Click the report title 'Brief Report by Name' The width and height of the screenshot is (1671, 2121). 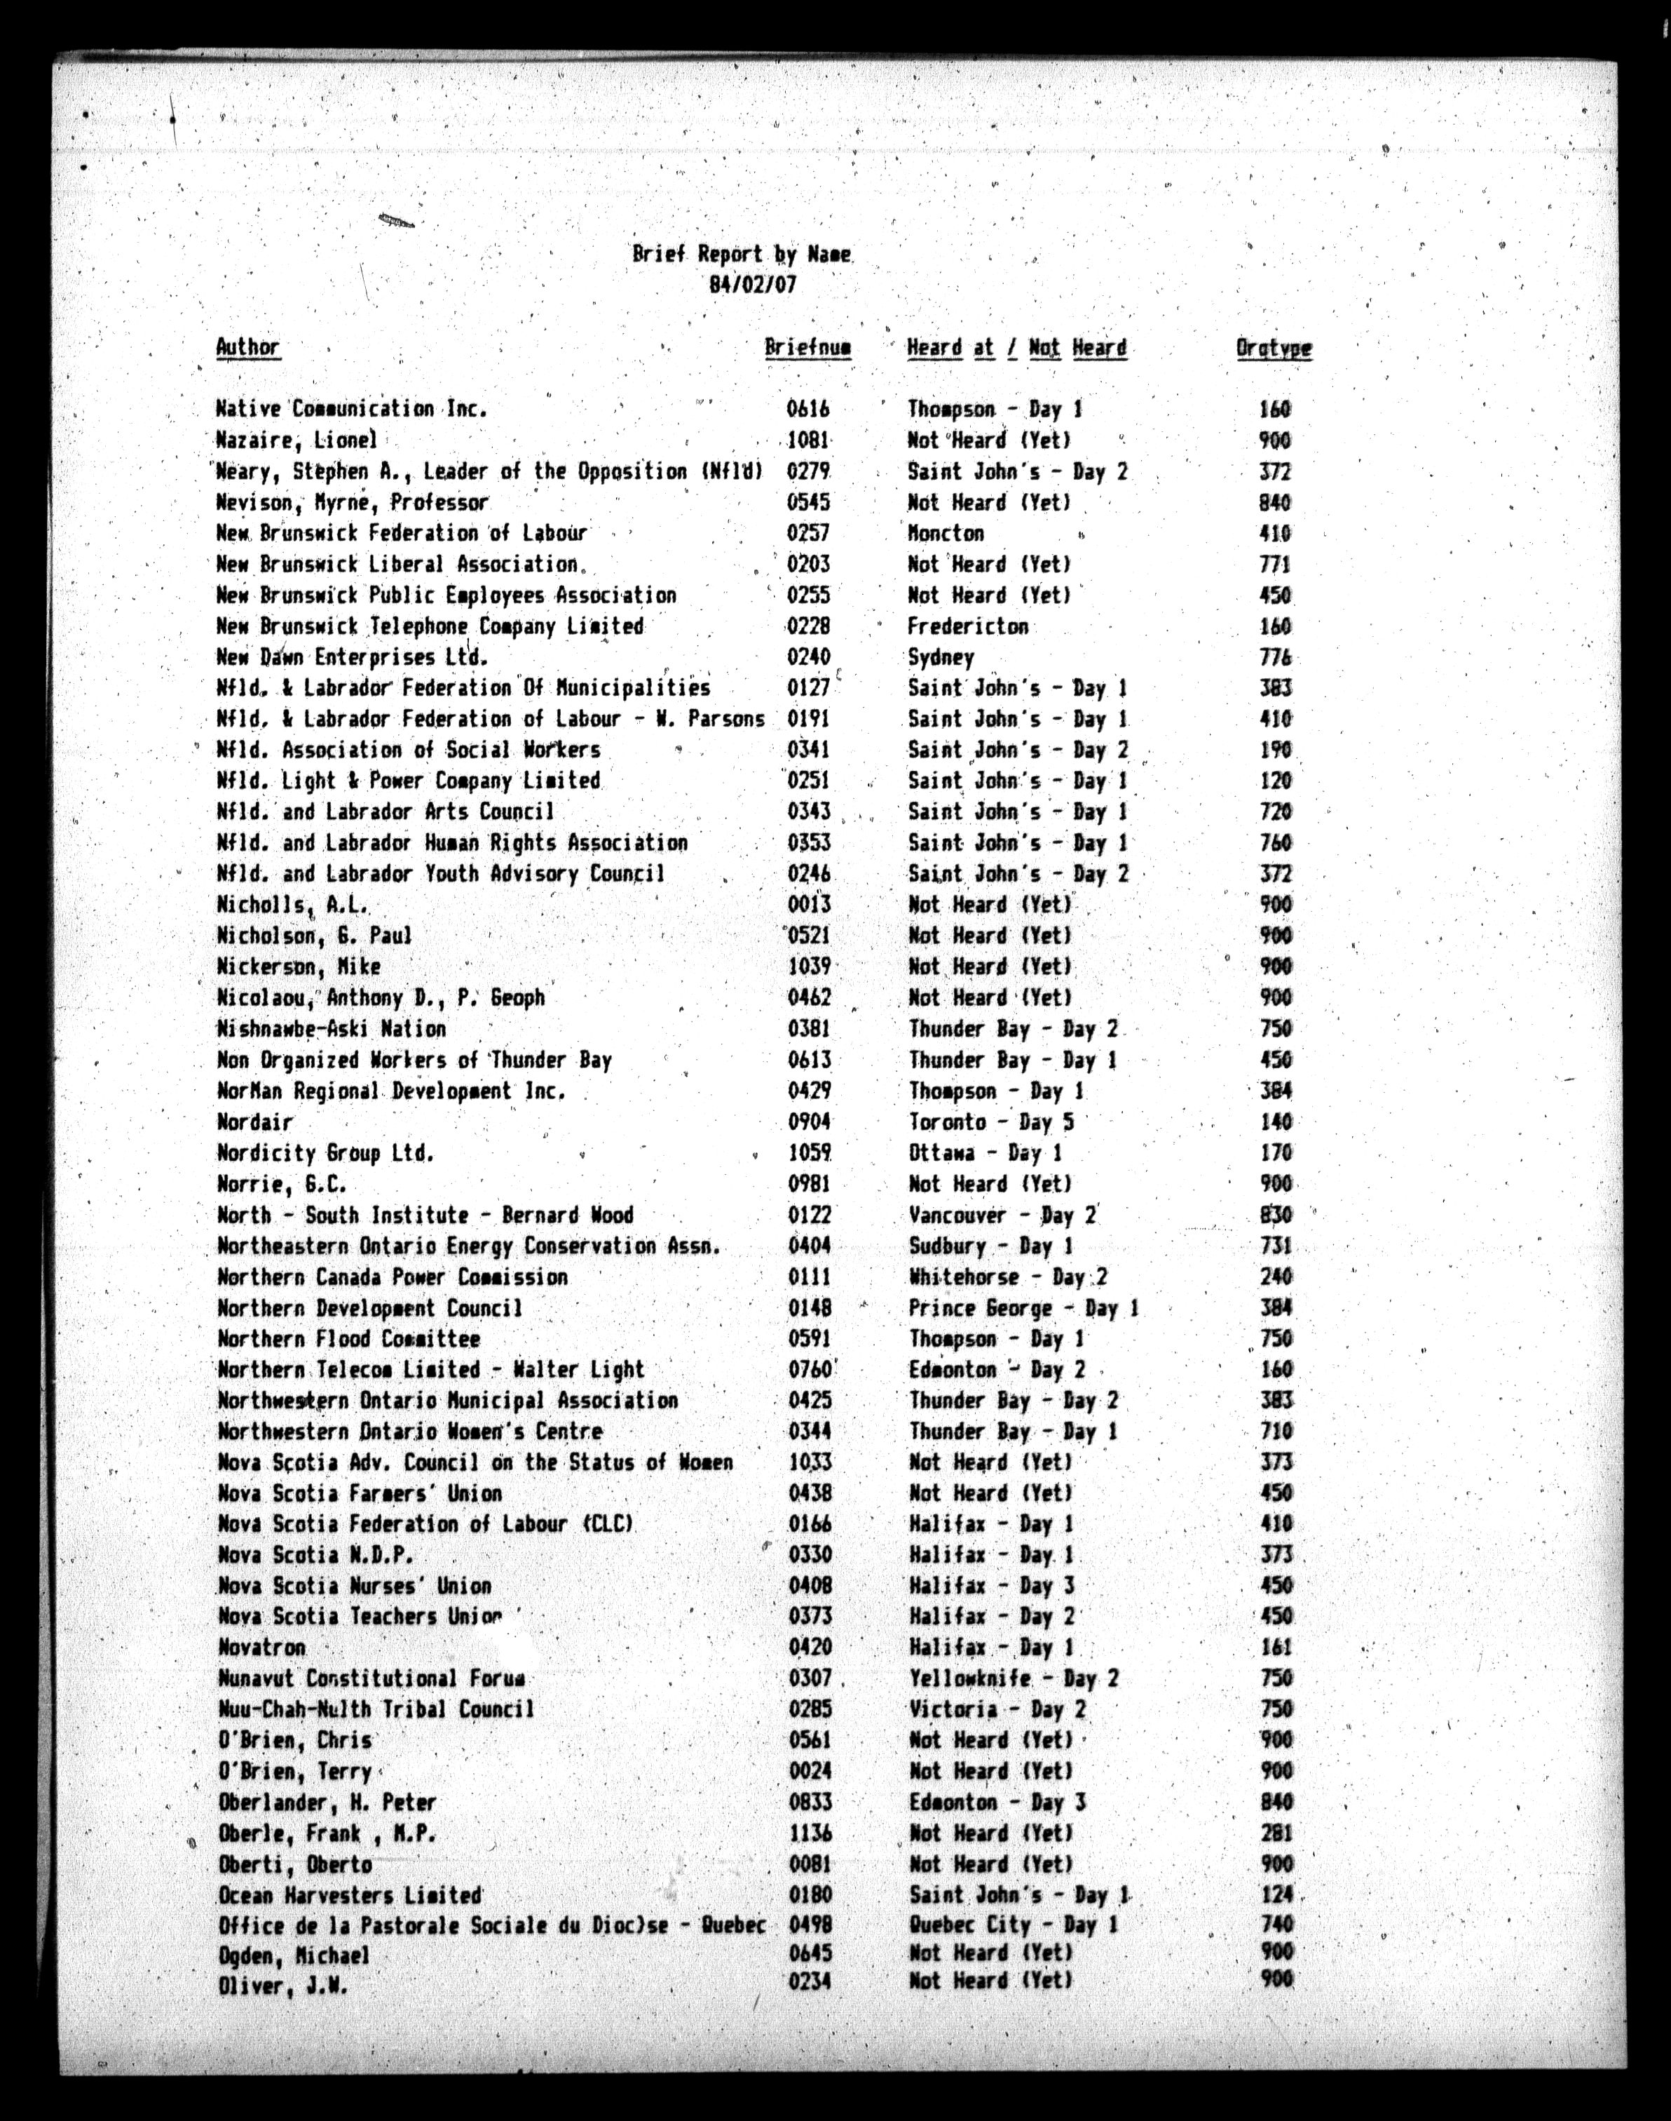pos(741,255)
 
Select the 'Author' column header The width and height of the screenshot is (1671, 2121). pos(247,347)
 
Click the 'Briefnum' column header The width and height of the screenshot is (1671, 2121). pos(807,347)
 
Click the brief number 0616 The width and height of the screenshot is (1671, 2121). pos(808,409)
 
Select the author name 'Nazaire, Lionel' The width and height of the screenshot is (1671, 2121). pos(296,440)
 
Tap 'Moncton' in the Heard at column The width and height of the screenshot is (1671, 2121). pos(945,534)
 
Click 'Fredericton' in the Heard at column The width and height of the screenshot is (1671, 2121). pos(967,626)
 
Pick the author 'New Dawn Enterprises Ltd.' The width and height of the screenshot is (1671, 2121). pos(352,656)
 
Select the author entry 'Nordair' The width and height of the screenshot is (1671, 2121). pos(254,1122)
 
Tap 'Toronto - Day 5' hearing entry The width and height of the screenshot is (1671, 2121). pos(991,1122)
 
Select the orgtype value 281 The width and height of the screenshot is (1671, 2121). pos(1276,1833)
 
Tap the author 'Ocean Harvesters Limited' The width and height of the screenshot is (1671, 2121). pos(349,1896)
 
